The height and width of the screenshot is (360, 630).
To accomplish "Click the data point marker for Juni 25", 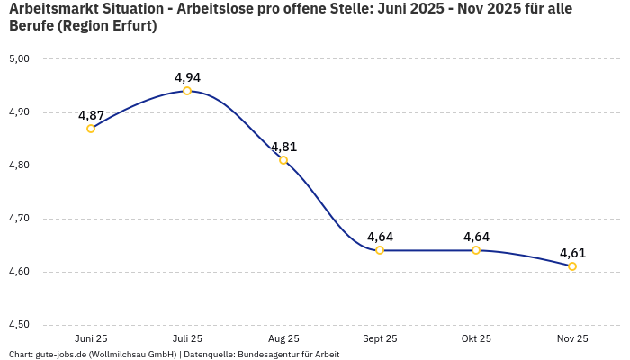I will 91,129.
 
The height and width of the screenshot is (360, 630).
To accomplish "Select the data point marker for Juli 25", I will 187,91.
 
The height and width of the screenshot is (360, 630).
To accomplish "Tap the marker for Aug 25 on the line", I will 283,160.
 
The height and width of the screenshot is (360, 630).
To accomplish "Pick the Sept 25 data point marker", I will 380,250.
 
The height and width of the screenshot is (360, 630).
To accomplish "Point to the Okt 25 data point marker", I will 476,250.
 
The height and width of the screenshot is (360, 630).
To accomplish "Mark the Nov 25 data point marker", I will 572,266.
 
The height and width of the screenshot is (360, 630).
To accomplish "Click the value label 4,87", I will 91,115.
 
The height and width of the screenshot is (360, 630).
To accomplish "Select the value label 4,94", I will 187,77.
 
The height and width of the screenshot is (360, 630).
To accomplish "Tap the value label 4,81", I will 283,147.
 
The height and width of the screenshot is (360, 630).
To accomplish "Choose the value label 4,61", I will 572,253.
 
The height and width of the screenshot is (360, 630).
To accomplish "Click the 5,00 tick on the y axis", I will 19,59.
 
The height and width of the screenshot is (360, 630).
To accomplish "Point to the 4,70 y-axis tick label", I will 19,219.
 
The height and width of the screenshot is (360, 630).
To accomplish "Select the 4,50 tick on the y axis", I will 19,325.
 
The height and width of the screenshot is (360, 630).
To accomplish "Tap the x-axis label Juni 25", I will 91,339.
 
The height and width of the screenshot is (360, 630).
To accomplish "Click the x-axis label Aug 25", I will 283,339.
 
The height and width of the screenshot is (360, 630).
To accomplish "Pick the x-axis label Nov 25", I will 572,339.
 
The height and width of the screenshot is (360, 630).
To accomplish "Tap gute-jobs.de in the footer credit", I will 60,355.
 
